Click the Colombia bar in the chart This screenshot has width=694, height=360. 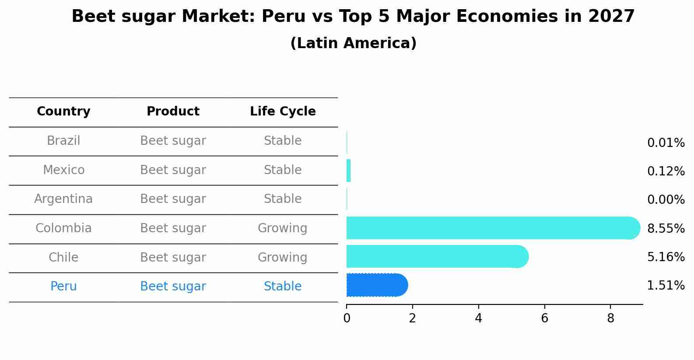point(490,228)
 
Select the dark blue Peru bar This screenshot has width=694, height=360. point(376,285)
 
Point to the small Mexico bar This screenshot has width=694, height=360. point(349,171)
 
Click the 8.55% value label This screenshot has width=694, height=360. point(666,228)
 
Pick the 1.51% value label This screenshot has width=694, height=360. point(666,286)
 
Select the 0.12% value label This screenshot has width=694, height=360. point(666,171)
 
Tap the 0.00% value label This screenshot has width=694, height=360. point(666,200)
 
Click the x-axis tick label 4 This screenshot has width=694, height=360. point(478,318)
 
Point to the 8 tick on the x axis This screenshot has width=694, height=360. point(610,318)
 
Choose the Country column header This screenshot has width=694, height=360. point(63,112)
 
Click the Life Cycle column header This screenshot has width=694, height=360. point(283,112)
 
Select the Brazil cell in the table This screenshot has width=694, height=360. point(63,141)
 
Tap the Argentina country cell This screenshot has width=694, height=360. point(63,199)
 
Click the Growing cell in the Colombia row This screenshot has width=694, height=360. point(282,228)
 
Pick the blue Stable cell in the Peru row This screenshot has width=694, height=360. point(282,287)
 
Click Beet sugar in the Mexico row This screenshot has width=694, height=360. point(173,170)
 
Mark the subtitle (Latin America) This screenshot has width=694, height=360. point(353,43)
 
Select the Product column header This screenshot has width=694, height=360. point(173,112)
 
